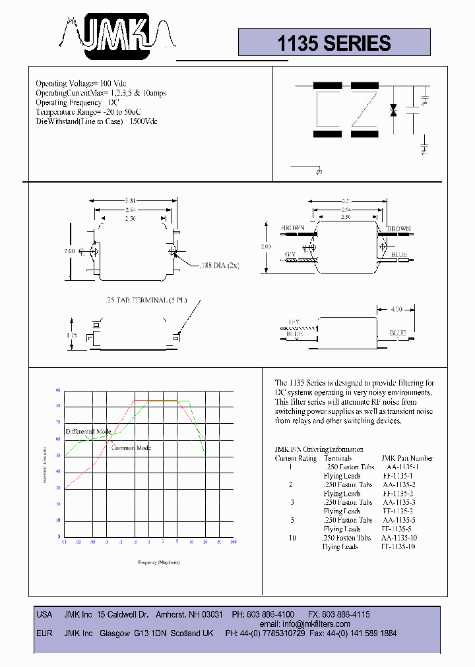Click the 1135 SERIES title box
click(x=334, y=43)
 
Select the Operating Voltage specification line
click(x=80, y=84)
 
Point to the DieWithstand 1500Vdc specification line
click(x=96, y=121)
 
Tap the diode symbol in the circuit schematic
click(x=393, y=110)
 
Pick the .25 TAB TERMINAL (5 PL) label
click(x=145, y=300)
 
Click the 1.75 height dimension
click(x=73, y=335)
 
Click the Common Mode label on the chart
click(x=131, y=448)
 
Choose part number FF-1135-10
click(x=399, y=547)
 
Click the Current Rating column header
click(x=296, y=458)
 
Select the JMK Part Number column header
click(x=407, y=458)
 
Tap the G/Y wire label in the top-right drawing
click(x=290, y=254)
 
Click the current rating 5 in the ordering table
click(x=290, y=520)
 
